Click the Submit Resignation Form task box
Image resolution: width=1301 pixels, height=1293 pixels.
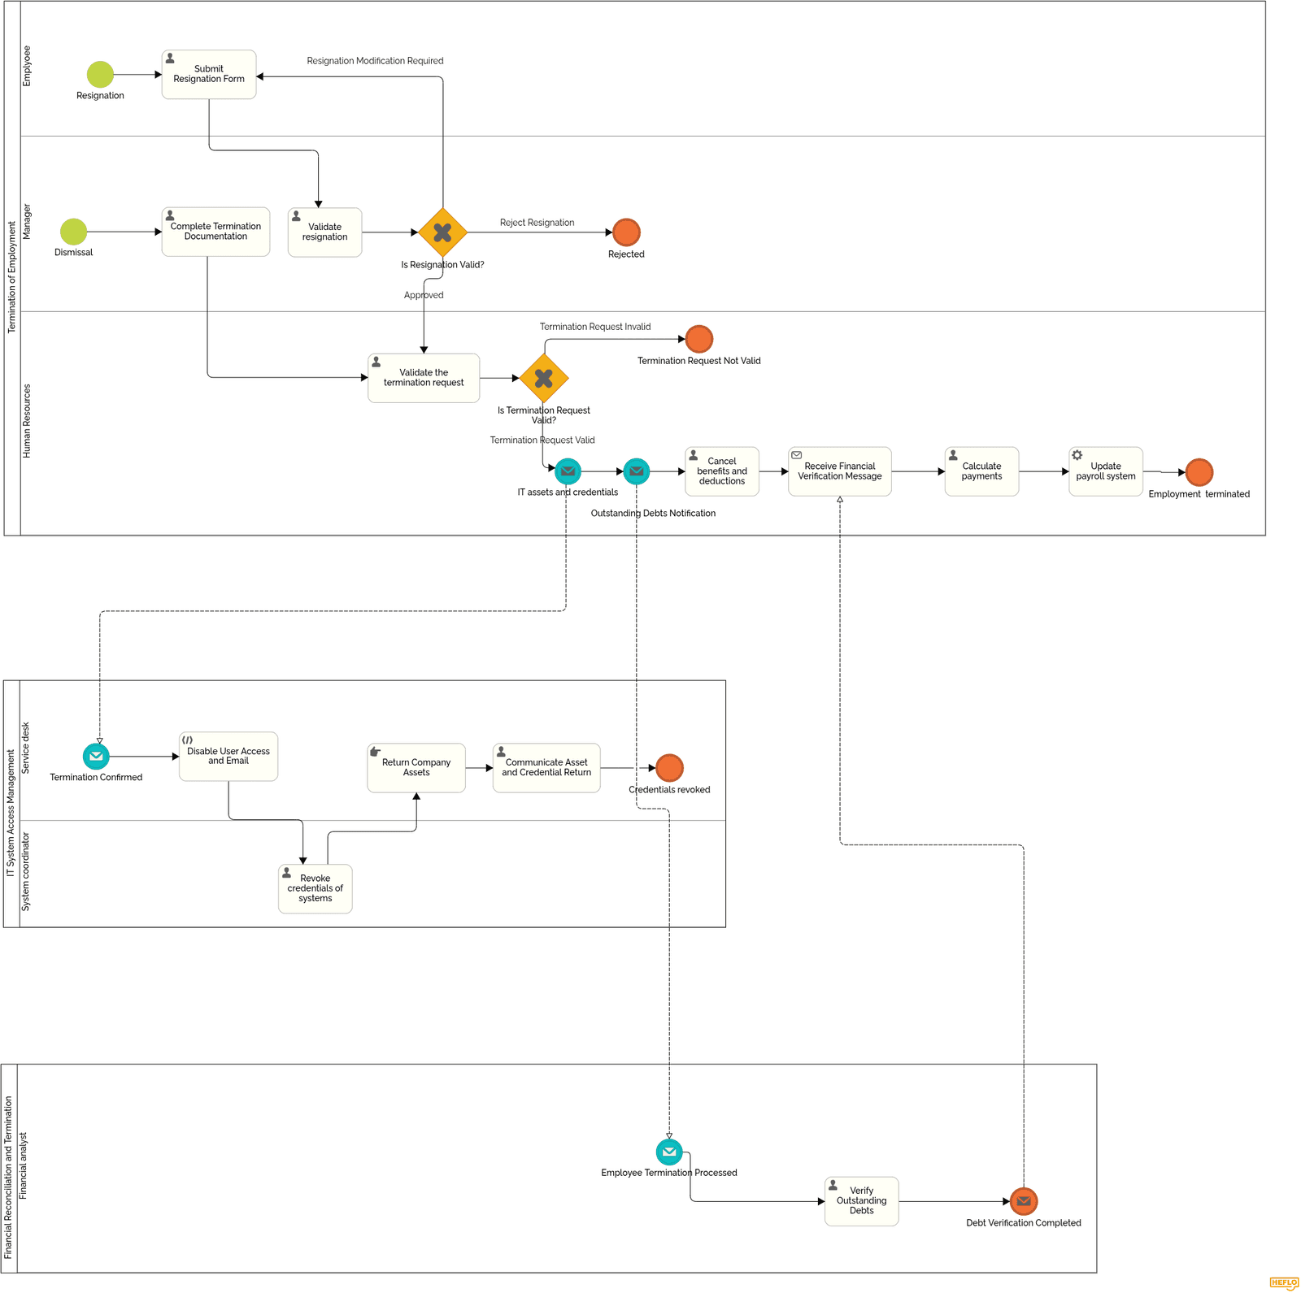pos(209,75)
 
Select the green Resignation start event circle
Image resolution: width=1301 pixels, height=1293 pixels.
pos(100,75)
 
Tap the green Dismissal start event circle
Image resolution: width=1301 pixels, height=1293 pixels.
pos(73,232)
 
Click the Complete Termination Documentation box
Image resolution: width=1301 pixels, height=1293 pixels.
pos(215,232)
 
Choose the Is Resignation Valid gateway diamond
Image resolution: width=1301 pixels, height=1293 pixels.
pos(442,232)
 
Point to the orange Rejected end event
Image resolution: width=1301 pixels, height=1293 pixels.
pos(626,232)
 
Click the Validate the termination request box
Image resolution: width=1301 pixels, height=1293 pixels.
pos(424,378)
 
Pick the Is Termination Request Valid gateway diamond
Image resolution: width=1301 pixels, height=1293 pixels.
pos(544,378)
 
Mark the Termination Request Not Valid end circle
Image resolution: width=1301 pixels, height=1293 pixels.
pos(699,339)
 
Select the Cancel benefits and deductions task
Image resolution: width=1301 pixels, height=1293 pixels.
pos(722,471)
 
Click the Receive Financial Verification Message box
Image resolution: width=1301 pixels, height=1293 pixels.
pos(840,471)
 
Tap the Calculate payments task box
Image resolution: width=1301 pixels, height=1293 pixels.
pos(981,471)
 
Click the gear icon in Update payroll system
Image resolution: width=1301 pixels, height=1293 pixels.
pos(1077,456)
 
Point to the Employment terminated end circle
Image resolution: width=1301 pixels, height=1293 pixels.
pos(1199,472)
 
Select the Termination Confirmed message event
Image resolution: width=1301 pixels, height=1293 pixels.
pos(96,757)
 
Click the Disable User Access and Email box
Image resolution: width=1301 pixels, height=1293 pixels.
pos(228,757)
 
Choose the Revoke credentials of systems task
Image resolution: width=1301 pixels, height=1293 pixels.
pos(315,888)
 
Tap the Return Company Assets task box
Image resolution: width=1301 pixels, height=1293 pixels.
pos(416,768)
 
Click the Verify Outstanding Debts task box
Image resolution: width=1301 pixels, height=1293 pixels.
pos(862,1201)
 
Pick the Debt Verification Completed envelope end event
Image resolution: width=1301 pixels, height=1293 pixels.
pos(1024,1201)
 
